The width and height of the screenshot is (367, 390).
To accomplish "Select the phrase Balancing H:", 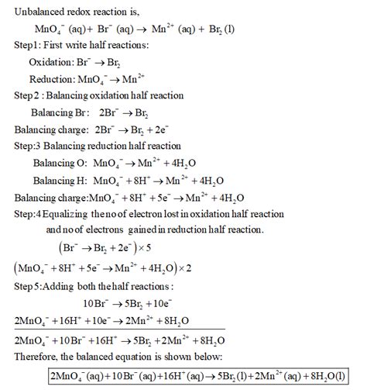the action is (60, 180).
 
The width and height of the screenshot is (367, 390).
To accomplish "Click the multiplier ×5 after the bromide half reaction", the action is (163, 249).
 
